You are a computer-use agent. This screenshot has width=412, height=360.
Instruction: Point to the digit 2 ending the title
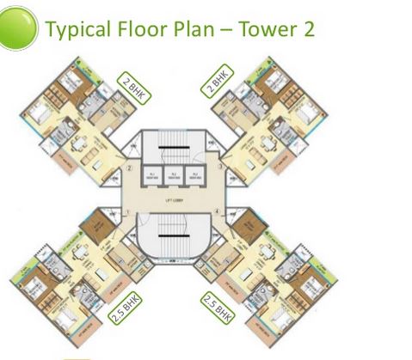point(306,28)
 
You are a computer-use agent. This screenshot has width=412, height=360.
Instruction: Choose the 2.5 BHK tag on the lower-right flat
point(218,307)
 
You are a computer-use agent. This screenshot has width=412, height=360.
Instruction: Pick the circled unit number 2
point(129,168)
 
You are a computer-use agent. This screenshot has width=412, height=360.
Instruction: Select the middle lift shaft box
point(175,175)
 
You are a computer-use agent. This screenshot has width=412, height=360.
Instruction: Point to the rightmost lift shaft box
point(198,175)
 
